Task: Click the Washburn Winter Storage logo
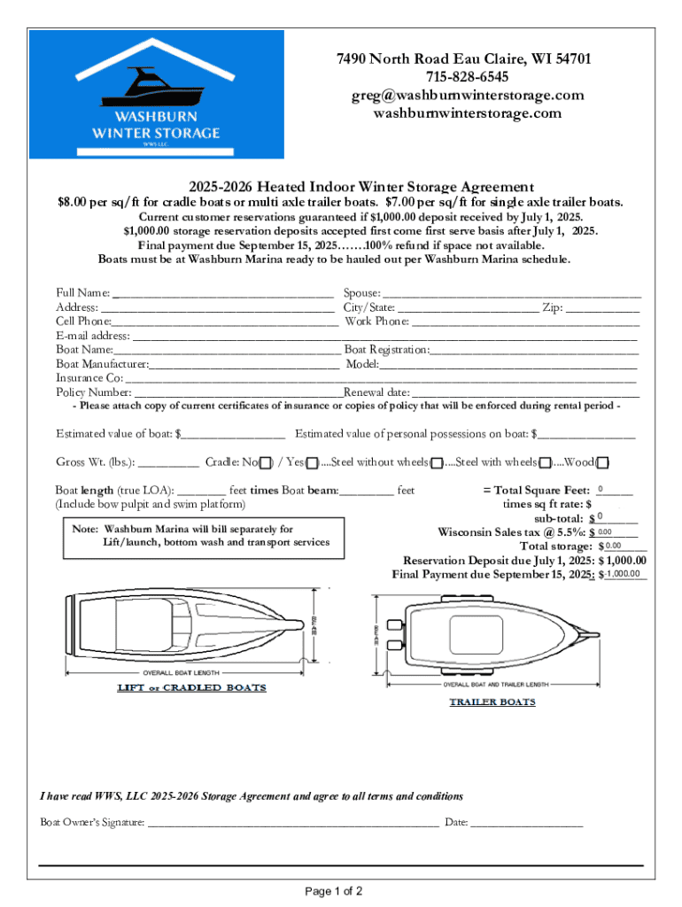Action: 157,95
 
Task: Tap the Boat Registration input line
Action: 534,350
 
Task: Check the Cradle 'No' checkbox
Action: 265,462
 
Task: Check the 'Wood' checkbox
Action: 602,462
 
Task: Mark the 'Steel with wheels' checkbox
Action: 546,462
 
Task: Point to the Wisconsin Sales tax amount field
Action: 617,531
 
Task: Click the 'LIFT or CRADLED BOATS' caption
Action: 191,687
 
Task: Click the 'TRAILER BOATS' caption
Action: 492,702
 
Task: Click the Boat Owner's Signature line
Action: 292,822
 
